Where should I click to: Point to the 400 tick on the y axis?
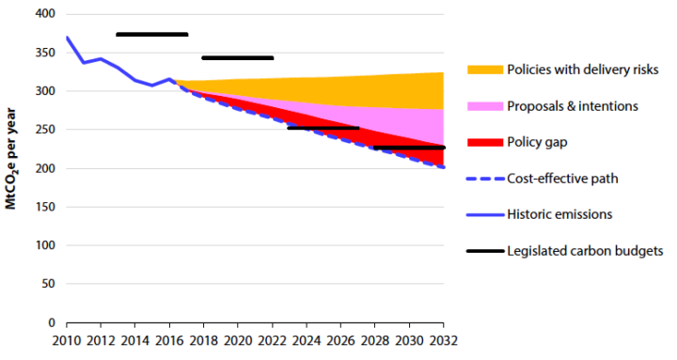42,15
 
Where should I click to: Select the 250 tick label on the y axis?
42,131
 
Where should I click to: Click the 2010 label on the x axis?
66,340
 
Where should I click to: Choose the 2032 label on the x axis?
443,340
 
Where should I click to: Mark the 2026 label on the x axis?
340,340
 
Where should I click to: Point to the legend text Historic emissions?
559,214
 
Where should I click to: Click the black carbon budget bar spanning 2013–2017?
151,35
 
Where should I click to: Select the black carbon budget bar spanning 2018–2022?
237,58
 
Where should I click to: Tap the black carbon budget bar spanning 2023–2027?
323,128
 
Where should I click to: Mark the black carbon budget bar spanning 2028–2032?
409,148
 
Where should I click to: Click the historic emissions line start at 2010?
67,38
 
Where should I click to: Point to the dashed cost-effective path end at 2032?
443,167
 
